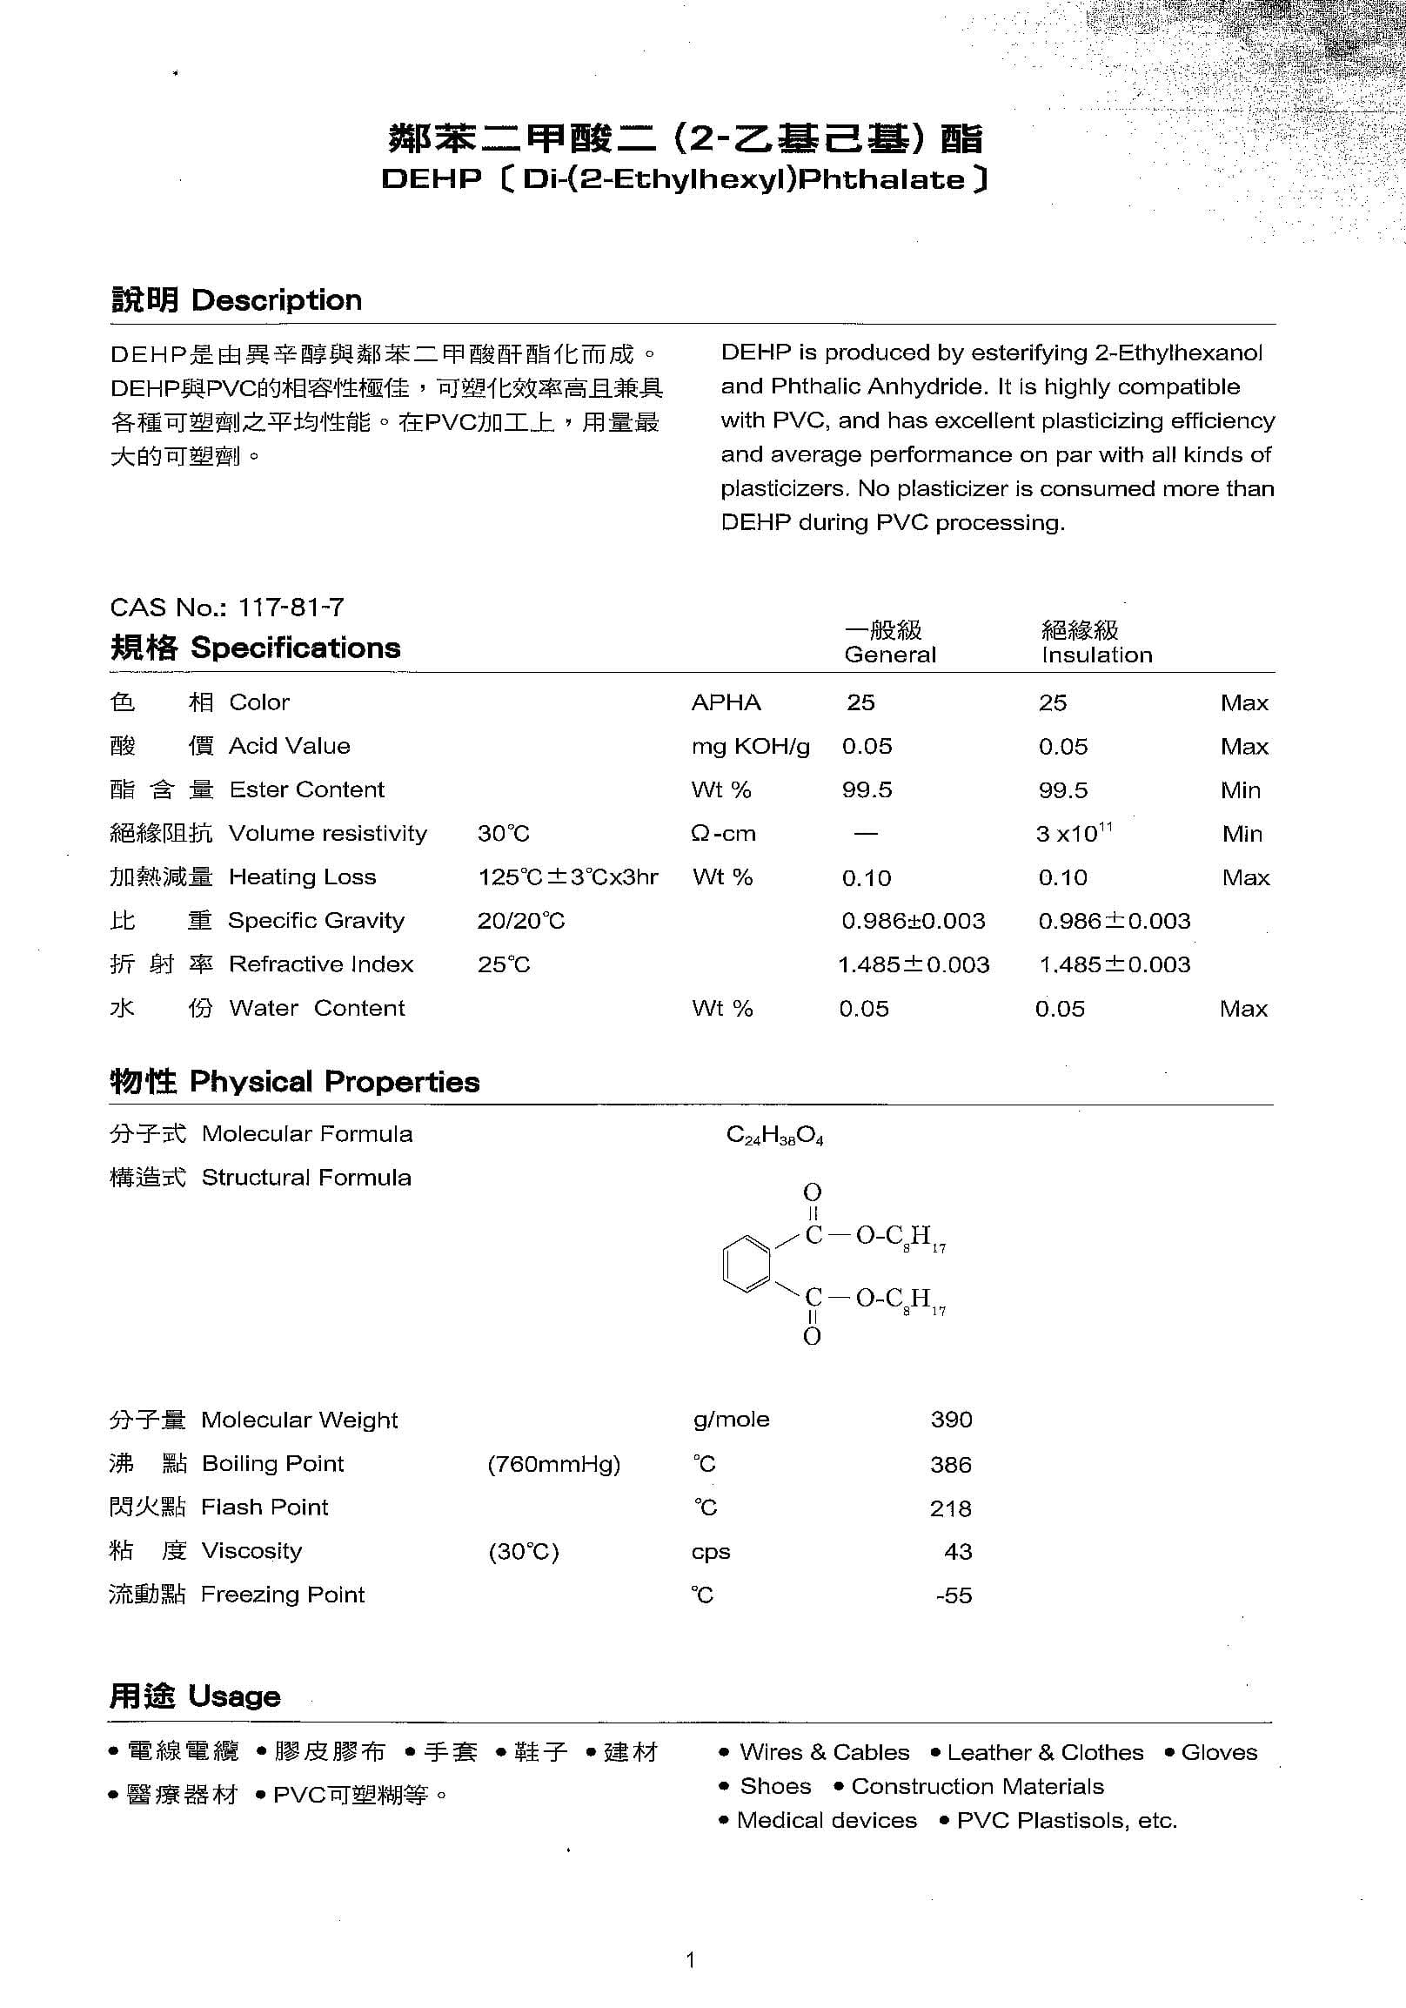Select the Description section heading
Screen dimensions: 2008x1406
[236, 300]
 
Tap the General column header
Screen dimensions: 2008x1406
[889, 655]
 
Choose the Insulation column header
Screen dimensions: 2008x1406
[1096, 655]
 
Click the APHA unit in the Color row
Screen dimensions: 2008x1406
[726, 702]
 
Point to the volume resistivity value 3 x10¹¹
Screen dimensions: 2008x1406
[1073, 833]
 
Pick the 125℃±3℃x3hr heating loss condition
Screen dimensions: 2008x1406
[567, 877]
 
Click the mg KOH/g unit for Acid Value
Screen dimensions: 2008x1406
[750, 746]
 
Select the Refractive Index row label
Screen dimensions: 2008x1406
[321, 964]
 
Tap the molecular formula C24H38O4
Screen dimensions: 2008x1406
[774, 1136]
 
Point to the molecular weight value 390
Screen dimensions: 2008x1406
[951, 1419]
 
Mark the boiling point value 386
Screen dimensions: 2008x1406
[951, 1464]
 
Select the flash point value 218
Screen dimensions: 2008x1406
[951, 1508]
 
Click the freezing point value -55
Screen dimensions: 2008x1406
[953, 1595]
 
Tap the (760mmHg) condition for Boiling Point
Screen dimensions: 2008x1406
[553, 1463]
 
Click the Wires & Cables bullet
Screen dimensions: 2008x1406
[823, 1752]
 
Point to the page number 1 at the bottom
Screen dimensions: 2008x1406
[691, 1960]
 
